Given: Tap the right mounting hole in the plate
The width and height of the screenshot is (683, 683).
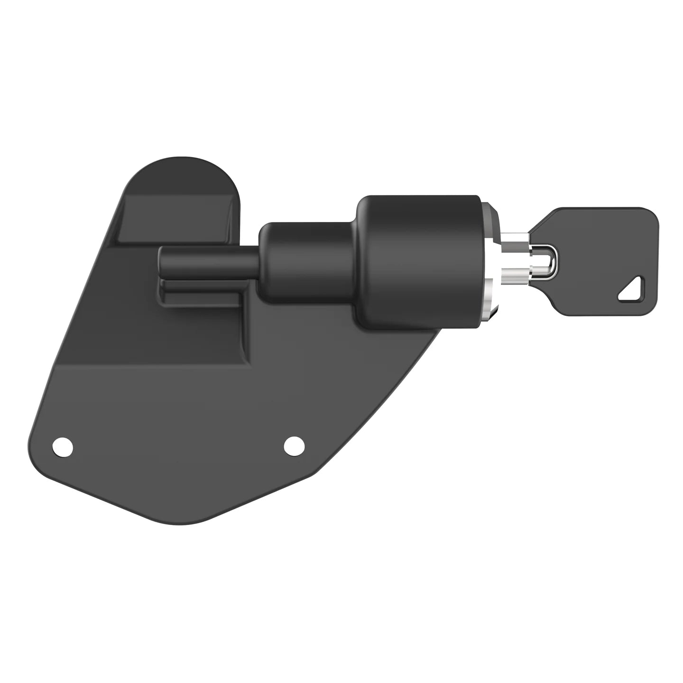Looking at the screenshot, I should coord(294,446).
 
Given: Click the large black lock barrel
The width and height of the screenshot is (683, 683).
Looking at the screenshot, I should coord(417,261).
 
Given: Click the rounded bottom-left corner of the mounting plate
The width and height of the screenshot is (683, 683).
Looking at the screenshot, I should coord(36,455).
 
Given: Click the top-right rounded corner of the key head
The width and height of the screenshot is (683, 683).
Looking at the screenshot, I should coord(652,213).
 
